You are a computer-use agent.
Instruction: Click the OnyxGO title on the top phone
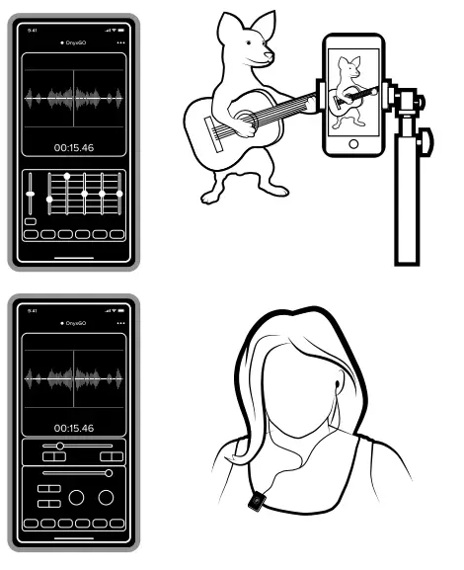pyautogui.click(x=75, y=43)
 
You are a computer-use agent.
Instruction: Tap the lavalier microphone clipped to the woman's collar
pyautogui.click(x=254, y=503)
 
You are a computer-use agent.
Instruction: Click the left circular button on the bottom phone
pyautogui.click(x=75, y=497)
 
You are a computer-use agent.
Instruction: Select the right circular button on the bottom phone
pyautogui.click(x=105, y=497)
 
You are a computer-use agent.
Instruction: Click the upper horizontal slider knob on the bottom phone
pyautogui.click(x=60, y=447)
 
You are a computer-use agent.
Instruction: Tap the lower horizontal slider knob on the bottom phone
pyautogui.click(x=108, y=473)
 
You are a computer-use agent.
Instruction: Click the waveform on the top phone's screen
pyautogui.click(x=74, y=98)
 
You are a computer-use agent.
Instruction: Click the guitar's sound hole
pyautogui.click(x=244, y=121)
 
